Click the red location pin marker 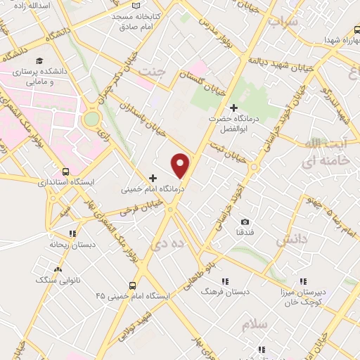[x=181, y=165]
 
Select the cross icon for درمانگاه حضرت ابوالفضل [x=233, y=108]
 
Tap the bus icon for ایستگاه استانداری [x=65, y=171]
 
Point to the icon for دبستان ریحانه [x=71, y=234]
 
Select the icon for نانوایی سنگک [x=58, y=269]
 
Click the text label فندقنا [x=245, y=231]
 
